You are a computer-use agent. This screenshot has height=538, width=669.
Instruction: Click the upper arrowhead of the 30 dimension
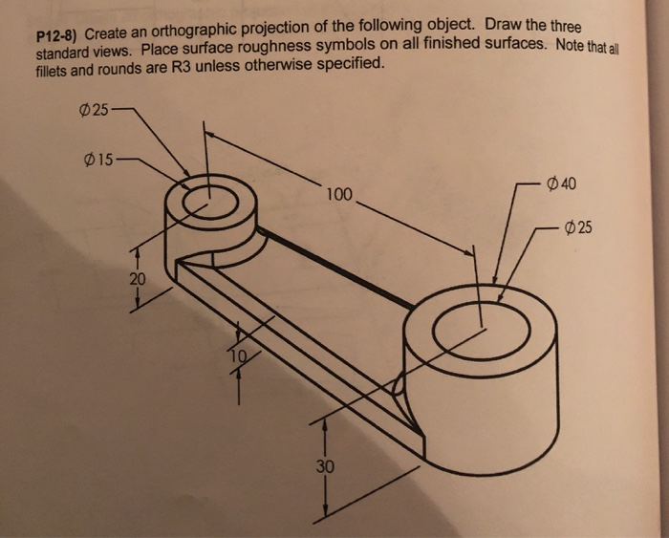click(x=327, y=420)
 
